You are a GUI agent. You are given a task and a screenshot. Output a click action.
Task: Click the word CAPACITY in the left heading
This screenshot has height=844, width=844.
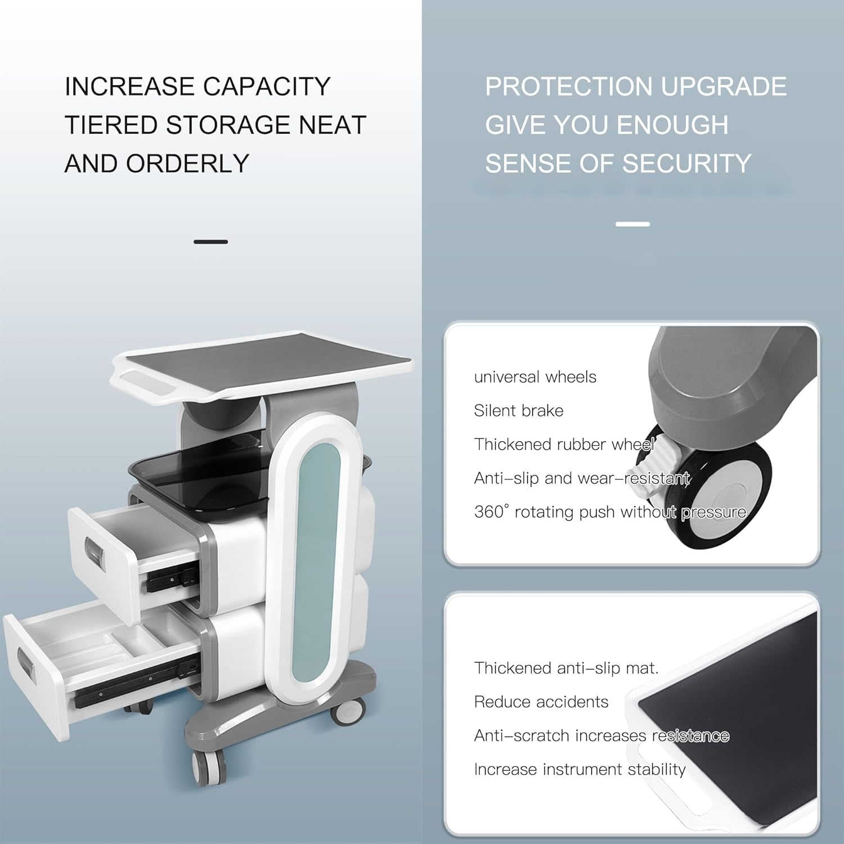point(266,86)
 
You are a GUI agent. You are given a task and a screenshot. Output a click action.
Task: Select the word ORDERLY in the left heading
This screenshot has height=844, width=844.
point(187,163)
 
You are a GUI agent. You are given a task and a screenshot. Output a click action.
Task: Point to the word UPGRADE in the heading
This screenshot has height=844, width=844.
point(724,86)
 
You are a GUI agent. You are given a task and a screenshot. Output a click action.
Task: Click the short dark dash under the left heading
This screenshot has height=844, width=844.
point(210,242)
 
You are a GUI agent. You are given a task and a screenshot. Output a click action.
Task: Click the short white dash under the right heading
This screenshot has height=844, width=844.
point(632,224)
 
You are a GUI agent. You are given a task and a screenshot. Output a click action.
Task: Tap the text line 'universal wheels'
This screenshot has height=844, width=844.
point(535,377)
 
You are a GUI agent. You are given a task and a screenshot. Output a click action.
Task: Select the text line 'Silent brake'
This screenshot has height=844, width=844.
point(518,411)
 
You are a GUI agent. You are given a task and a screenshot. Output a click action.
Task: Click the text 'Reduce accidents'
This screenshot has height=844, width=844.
point(541,702)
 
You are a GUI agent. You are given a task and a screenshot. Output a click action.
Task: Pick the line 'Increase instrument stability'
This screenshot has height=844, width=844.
point(580,769)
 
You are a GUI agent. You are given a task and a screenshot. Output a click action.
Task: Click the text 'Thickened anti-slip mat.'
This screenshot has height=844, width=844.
point(566,668)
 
